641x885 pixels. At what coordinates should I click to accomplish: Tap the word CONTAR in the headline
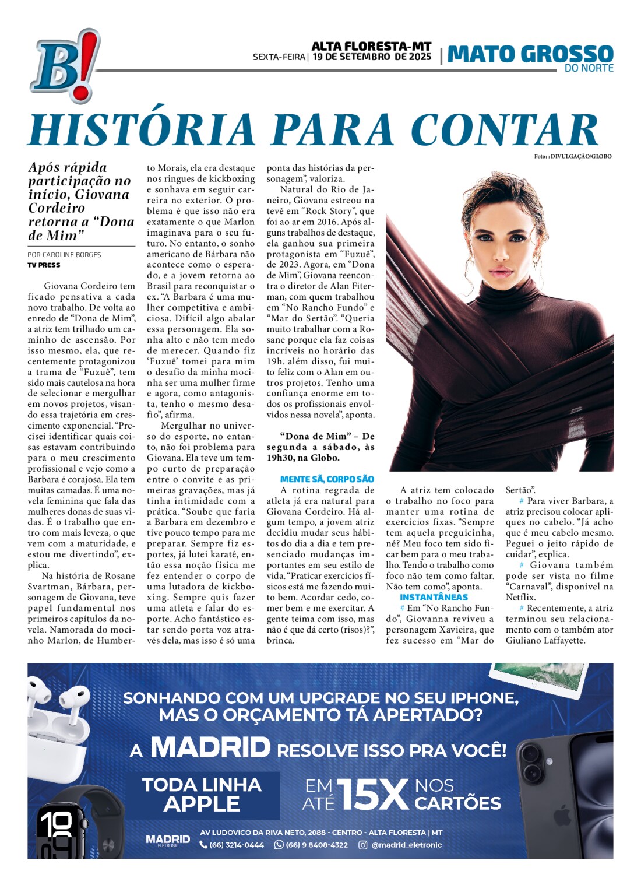tap(505, 129)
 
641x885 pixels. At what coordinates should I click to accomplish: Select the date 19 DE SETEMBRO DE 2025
tap(372, 57)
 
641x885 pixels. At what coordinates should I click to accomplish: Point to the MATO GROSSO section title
tap(530, 54)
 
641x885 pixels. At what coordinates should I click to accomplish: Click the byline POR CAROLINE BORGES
tap(64, 255)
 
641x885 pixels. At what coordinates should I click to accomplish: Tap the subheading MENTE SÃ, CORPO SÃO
tap(327, 479)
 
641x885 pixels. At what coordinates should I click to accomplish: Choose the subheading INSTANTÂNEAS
tap(434, 597)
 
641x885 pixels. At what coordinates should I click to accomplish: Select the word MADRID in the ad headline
tap(210, 747)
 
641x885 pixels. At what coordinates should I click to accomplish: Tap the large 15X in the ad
tap(373, 794)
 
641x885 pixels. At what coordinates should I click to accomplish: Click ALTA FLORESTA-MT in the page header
tap(371, 46)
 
